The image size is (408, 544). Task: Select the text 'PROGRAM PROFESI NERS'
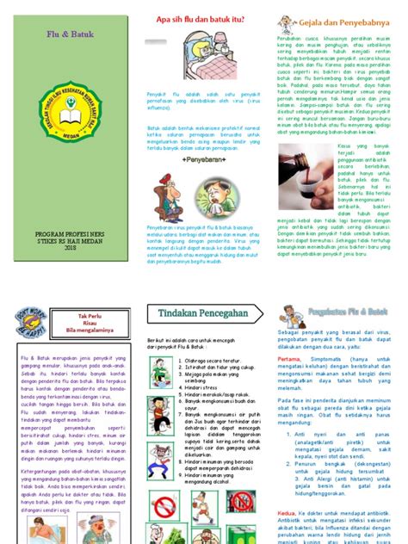(x=68, y=232)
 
